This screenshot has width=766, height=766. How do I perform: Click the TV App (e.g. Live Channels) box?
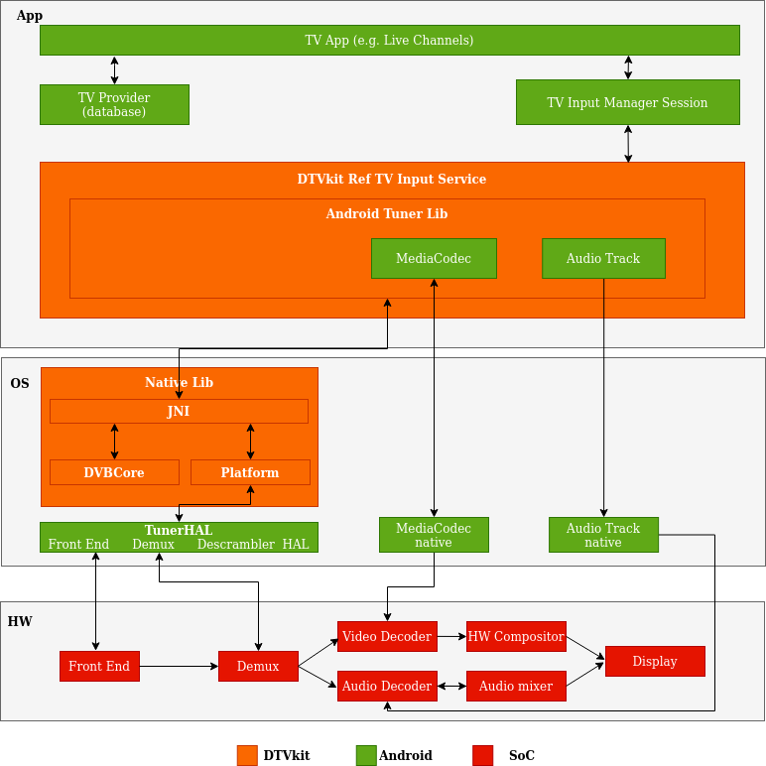(389, 40)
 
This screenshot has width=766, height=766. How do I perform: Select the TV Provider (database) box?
(114, 104)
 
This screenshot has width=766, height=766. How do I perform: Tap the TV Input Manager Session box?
(627, 102)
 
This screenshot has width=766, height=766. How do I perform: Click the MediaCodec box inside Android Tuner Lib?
(434, 258)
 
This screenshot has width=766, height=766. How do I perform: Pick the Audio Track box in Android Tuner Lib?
(603, 258)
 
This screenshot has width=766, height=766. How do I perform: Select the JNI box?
(179, 411)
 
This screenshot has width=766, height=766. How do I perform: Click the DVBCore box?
(114, 472)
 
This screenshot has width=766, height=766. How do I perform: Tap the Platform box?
(250, 472)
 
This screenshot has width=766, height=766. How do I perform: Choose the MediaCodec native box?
(434, 535)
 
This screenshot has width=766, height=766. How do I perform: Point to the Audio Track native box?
(603, 535)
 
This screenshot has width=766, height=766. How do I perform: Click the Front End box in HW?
(99, 666)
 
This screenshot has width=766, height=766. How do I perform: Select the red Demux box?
(258, 666)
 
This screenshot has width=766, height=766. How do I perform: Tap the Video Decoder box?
(387, 636)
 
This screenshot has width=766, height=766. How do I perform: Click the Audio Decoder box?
(387, 686)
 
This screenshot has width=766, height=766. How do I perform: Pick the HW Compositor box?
(516, 636)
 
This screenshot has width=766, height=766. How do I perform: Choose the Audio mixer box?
(516, 686)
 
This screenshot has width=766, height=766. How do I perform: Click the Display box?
(655, 661)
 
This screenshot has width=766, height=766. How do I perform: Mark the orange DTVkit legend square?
(247, 755)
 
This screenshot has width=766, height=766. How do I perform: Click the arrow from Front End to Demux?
(179, 666)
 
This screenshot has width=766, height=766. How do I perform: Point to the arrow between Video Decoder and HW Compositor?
(451, 636)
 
